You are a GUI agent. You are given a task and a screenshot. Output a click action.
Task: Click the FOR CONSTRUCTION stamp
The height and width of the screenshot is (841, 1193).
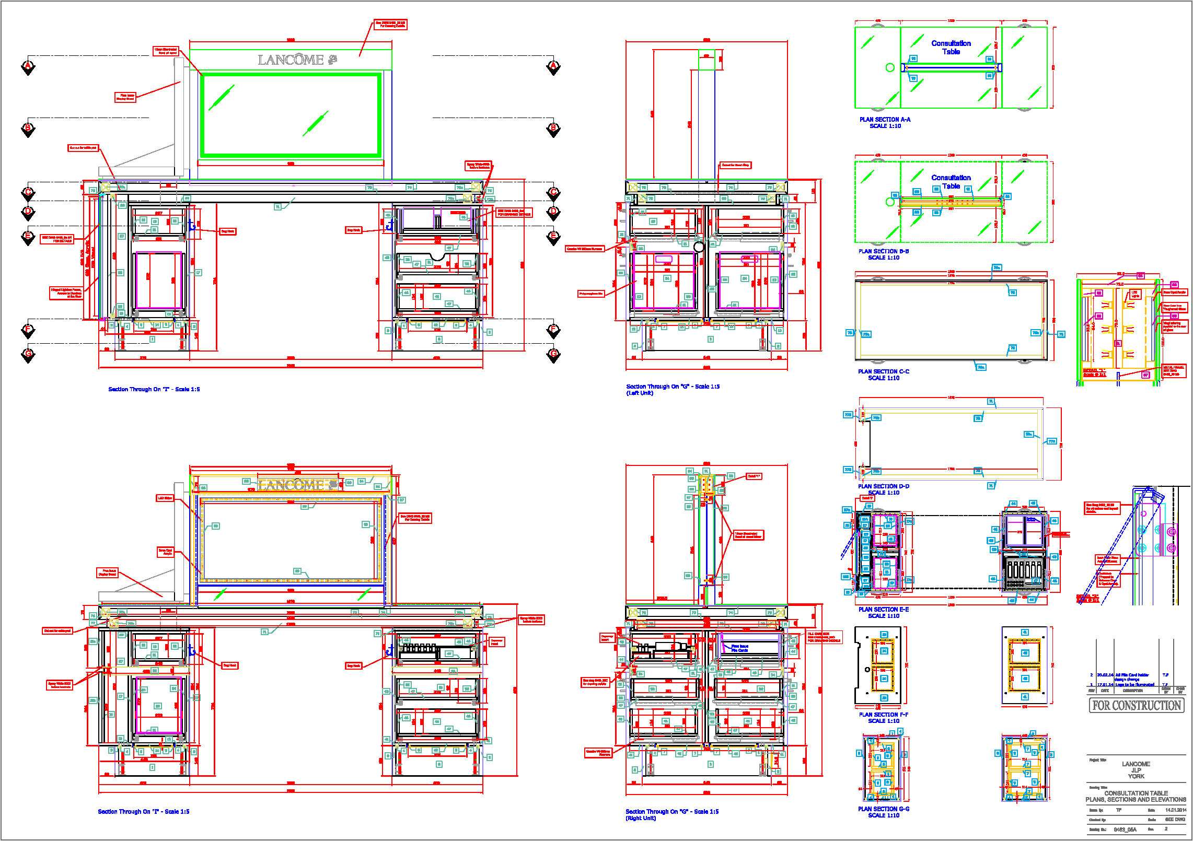coord(1137,706)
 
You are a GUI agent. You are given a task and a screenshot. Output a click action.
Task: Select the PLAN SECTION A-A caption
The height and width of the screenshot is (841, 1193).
coord(885,120)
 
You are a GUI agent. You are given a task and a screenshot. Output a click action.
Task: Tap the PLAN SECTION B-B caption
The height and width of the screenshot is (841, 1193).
coord(883,251)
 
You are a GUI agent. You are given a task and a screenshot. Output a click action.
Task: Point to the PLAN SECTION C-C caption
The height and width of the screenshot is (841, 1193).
coord(883,371)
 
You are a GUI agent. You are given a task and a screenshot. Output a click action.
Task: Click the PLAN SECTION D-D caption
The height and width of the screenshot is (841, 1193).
coord(883,486)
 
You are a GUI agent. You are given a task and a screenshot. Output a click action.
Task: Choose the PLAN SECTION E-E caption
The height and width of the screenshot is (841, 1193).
coord(883,610)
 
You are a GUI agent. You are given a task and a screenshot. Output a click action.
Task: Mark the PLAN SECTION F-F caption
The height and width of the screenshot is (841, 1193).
coord(883,715)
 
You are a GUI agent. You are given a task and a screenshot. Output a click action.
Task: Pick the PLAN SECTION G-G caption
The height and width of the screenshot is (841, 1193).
coord(883,809)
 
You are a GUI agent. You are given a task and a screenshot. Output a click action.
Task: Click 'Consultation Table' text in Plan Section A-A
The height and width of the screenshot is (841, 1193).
coord(951,48)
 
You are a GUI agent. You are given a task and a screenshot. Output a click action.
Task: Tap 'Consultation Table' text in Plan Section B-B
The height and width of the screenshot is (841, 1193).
coord(951,182)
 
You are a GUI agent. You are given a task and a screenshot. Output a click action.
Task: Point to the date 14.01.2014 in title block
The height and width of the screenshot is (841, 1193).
coord(1175,810)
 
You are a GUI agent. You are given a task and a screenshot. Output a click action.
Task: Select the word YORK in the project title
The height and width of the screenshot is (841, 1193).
coord(1136,776)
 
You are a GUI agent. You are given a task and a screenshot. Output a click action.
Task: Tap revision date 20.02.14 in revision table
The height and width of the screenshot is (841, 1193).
coord(1105,675)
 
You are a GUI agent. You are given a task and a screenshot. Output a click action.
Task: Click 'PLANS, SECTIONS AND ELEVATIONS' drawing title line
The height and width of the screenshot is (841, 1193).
coord(1136,800)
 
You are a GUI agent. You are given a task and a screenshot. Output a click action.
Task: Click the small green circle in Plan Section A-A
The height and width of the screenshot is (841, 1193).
coord(890,67)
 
